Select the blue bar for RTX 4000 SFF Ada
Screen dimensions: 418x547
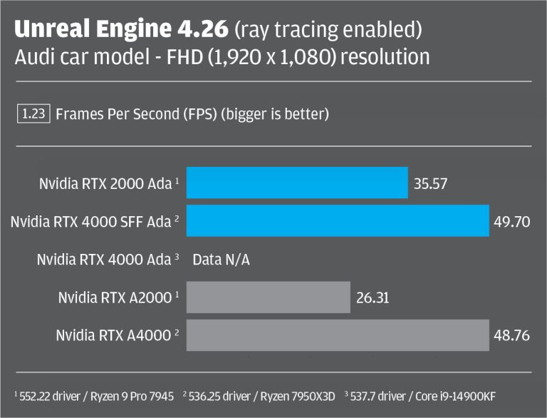coord(338,221)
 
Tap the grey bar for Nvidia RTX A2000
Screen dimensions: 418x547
coord(269,297)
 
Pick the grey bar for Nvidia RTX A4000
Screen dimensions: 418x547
coord(338,335)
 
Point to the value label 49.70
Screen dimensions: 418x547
coord(511,222)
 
